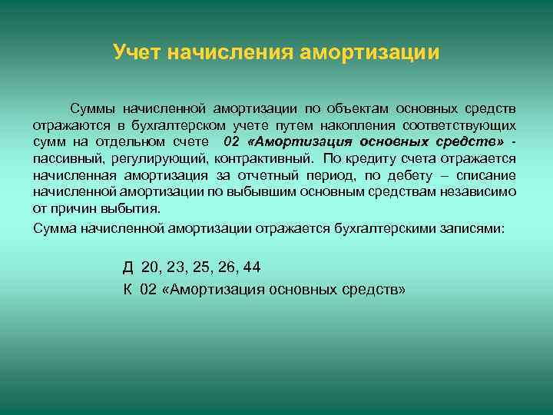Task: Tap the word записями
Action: point(475,228)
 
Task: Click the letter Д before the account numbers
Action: point(127,267)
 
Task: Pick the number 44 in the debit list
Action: point(251,267)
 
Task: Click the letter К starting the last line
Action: point(127,289)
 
